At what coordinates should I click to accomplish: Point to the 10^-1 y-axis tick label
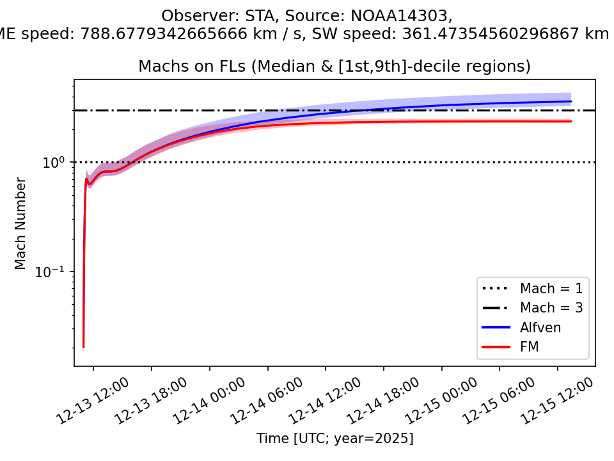(53, 272)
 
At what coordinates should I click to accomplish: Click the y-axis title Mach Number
(21, 223)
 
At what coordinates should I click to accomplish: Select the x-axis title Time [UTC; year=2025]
(335, 439)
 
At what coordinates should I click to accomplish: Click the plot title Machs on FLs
(335, 67)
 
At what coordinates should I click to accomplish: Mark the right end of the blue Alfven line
(571, 101)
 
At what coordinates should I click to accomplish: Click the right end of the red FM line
(571, 121)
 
